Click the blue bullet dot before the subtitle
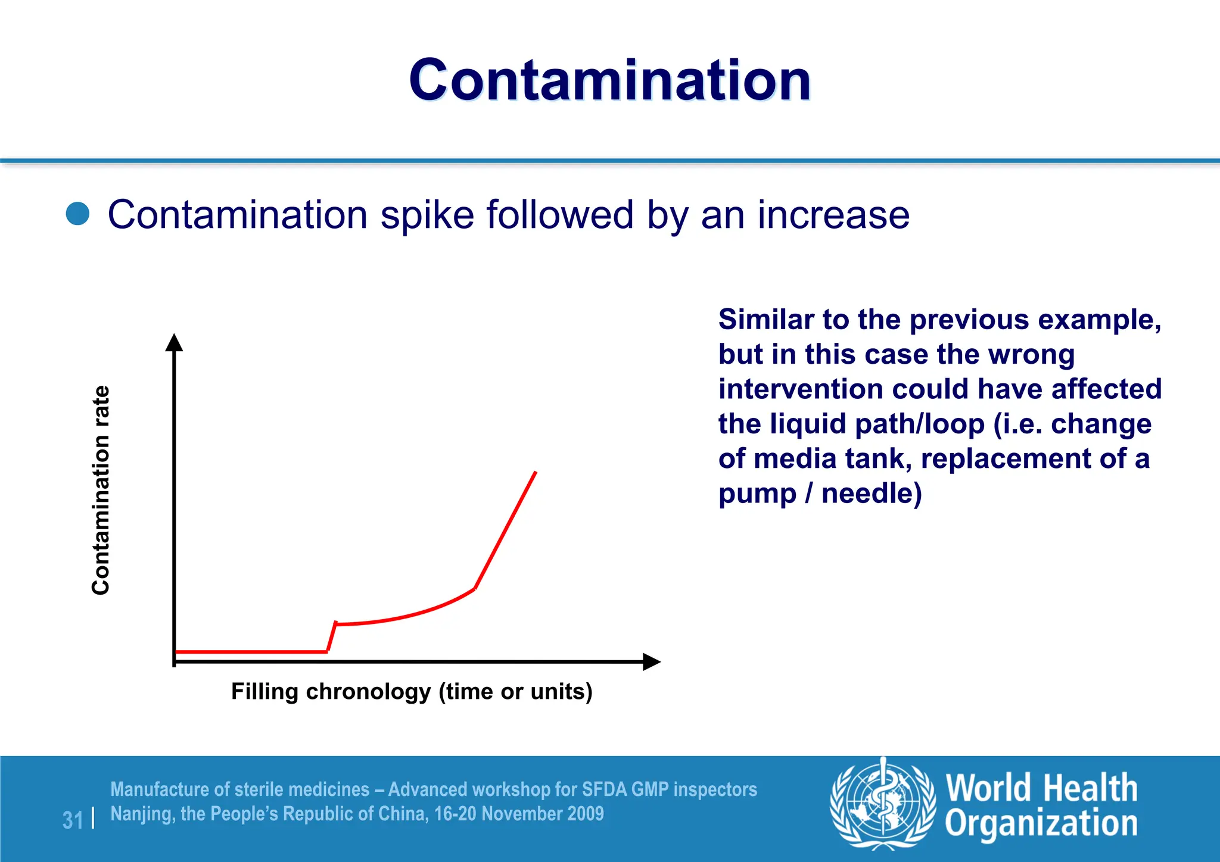click(77, 214)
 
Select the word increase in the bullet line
click(833, 215)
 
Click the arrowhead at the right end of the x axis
click(652, 661)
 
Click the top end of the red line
click(536, 473)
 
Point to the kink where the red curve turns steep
click(475, 588)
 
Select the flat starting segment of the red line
click(250, 652)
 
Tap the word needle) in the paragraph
click(872, 494)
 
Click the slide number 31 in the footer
click(73, 820)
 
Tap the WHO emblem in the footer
click(883, 802)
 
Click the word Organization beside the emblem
click(1041, 824)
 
